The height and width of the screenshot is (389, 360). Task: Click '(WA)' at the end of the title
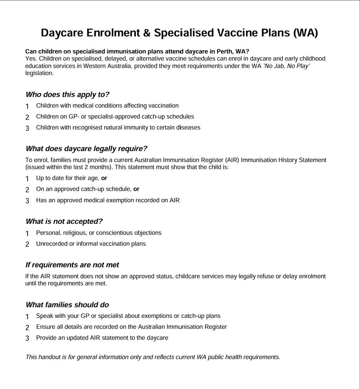305,33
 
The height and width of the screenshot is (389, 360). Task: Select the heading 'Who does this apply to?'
67,95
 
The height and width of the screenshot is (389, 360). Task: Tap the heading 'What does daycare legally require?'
86,149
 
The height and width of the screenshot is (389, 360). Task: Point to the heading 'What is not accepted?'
64,222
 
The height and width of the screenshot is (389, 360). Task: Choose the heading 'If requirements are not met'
72,265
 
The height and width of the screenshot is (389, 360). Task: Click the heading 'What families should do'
67,305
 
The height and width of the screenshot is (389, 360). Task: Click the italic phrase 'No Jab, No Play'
287,66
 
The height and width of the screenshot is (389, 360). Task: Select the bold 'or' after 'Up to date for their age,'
104,178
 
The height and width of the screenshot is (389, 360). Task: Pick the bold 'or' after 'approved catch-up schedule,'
136,189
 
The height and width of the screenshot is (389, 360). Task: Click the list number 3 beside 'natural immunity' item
27,128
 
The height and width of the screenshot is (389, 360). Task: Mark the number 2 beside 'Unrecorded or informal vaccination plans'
27,244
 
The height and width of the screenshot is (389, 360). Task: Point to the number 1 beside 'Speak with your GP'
27,317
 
